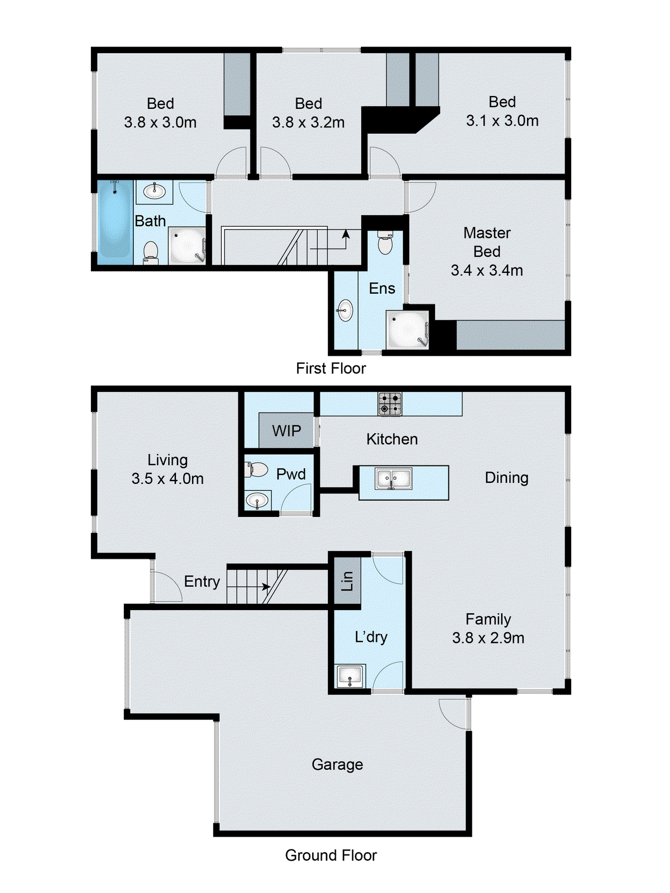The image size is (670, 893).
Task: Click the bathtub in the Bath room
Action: tap(116, 221)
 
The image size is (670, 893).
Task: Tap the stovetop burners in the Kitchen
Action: tap(390, 404)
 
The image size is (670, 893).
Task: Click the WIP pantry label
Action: tap(286, 431)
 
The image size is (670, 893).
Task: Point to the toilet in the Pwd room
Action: tap(256, 469)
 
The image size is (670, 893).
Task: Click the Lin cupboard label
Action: tap(347, 580)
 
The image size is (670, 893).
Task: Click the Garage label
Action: tap(337, 764)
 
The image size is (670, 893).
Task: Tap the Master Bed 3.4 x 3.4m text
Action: tap(487, 252)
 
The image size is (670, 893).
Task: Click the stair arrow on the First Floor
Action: tap(345, 237)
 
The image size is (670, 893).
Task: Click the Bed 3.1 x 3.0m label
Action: tap(502, 111)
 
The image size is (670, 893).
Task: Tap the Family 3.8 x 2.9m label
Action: tap(488, 628)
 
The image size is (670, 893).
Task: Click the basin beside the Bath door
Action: tap(155, 191)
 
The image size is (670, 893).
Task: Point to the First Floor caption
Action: tap(331, 368)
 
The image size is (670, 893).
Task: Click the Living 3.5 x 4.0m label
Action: tap(167, 469)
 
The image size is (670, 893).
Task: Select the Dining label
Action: tap(506, 478)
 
